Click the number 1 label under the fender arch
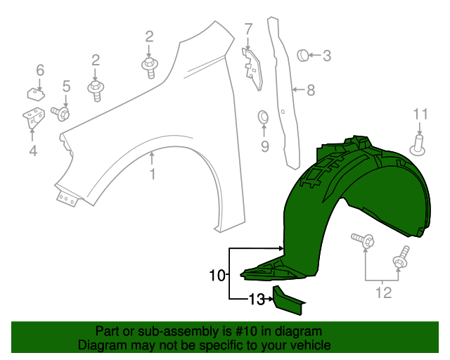coord(153,174)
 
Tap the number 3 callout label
coord(327,55)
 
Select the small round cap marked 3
coord(302,54)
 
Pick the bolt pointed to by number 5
coord(62,112)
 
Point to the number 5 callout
coord(66,86)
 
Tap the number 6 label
coord(40,70)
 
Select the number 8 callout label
coord(310,90)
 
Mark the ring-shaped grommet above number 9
coord(264,116)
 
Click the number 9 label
coord(264,146)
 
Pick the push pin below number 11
coord(420,146)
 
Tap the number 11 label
coord(420,114)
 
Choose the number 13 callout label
coord(256,300)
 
